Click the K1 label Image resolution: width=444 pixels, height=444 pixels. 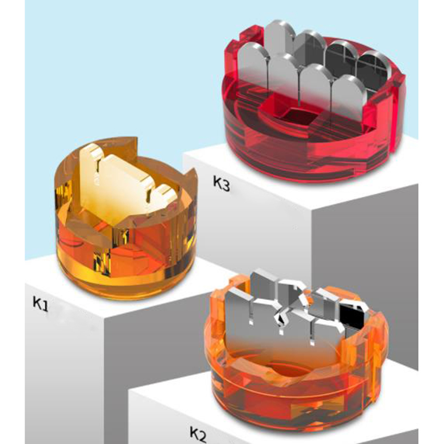[41, 304]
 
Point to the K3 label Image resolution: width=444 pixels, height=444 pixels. [222, 184]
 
